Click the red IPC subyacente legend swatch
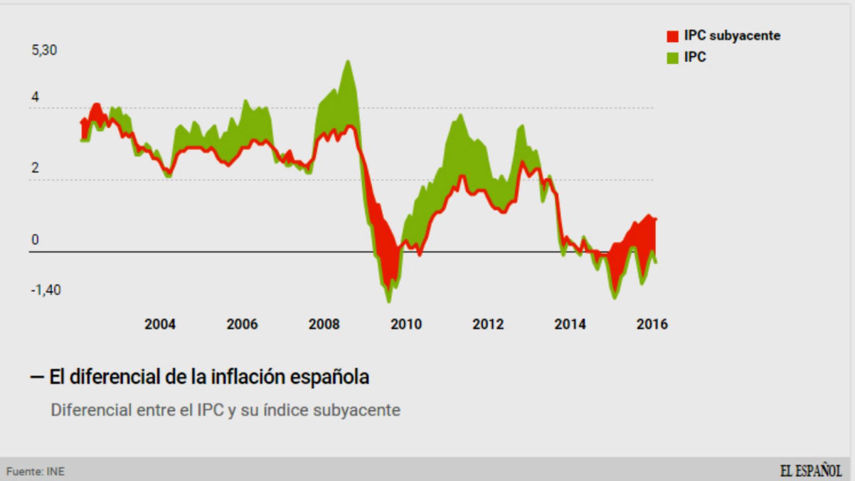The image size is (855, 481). (x=672, y=36)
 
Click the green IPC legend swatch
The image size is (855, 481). (x=672, y=58)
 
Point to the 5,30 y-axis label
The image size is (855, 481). (x=44, y=50)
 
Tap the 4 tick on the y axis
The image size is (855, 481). (x=35, y=97)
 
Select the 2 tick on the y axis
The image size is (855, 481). (x=35, y=168)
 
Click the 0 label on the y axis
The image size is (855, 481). (x=35, y=239)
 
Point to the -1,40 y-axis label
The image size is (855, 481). (x=46, y=290)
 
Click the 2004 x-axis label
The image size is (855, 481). (x=160, y=324)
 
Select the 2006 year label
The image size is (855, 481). (x=242, y=324)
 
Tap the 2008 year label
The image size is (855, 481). (x=324, y=324)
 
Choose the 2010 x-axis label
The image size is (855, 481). (x=406, y=324)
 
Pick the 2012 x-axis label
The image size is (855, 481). (x=488, y=324)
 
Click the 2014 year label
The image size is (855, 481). (x=570, y=324)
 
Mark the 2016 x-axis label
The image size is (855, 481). (x=652, y=324)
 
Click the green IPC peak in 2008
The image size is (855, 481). (x=348, y=62)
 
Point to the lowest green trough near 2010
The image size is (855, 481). (x=389, y=301)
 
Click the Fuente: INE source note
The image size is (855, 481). (x=35, y=471)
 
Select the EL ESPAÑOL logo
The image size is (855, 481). (x=810, y=471)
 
